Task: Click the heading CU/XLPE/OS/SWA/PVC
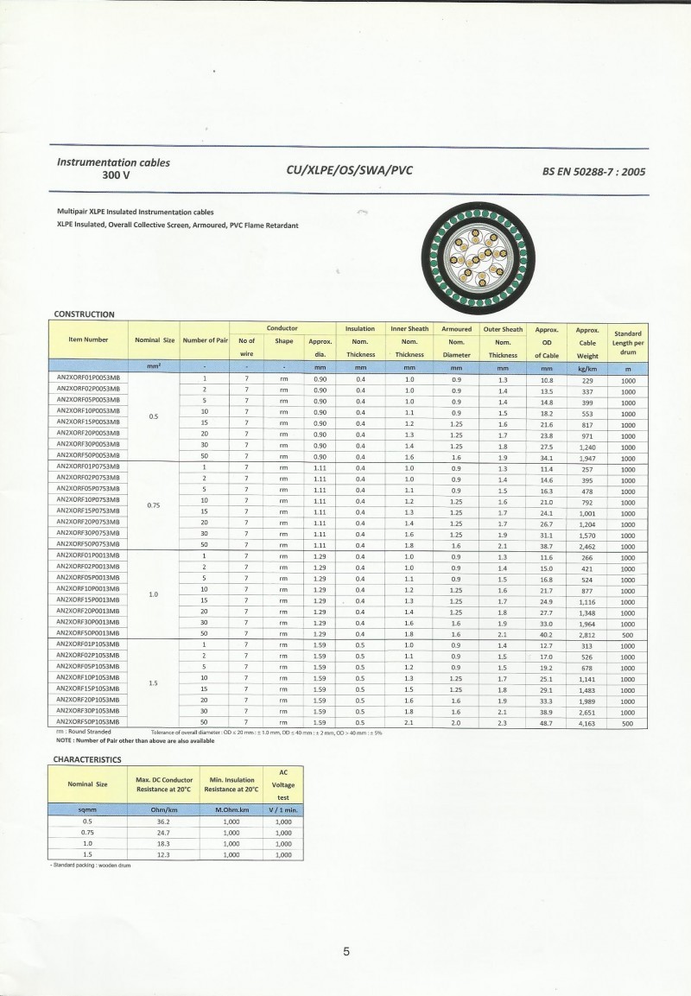349,170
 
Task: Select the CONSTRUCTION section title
84,314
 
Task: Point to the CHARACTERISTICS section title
87,759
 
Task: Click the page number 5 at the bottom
346,952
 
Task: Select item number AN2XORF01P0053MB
88,379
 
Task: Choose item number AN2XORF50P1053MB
88,721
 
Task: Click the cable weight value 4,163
587,722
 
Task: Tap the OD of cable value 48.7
546,722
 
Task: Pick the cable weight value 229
587,380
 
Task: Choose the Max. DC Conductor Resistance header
164,784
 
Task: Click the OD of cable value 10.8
546,380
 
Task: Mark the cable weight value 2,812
587,634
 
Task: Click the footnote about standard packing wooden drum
90,865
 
